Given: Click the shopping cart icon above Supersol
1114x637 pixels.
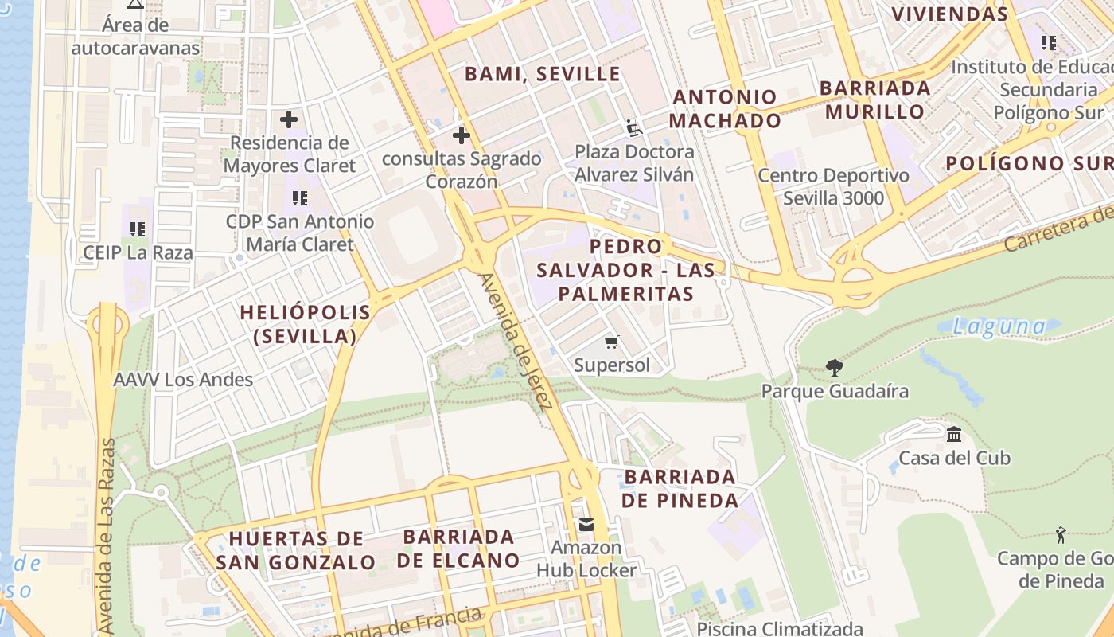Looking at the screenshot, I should [611, 342].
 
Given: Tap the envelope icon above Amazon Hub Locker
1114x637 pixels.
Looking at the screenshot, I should [586, 525].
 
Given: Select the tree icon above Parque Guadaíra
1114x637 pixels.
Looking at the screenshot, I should [834, 367].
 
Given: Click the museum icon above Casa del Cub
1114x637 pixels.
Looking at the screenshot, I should [954, 434].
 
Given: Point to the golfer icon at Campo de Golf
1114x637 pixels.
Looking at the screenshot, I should [1060, 534].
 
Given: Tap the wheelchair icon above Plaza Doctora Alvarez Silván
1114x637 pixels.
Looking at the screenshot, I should [633, 127].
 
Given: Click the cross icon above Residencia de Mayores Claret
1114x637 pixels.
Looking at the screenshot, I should [289, 120].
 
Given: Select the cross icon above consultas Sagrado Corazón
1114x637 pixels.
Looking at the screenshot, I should [461, 135].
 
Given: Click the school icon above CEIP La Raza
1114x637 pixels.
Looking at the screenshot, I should [138, 229].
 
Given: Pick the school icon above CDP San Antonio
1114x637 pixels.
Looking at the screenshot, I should [299, 197].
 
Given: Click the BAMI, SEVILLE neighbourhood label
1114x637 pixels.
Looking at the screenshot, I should [542, 74].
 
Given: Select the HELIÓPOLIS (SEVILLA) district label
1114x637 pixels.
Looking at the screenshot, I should [306, 324].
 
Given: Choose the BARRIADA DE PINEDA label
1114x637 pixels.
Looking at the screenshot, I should [680, 488].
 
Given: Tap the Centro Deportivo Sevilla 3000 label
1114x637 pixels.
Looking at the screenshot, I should [833, 186].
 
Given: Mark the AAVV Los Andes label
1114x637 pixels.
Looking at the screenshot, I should [183, 380].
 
